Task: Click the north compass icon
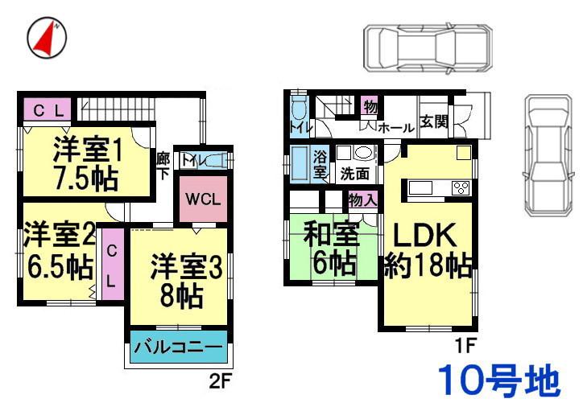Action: [48, 38]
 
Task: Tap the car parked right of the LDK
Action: [550, 155]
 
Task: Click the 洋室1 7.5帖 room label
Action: [87, 163]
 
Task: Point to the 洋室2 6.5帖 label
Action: [59, 253]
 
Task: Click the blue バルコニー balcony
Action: [177, 348]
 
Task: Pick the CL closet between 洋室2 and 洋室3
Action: [111, 269]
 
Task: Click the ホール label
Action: [395, 128]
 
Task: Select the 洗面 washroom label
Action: [354, 173]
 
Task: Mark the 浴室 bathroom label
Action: [320, 164]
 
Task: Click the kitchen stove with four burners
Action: [461, 188]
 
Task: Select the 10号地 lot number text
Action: [498, 380]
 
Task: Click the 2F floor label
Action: [220, 376]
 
